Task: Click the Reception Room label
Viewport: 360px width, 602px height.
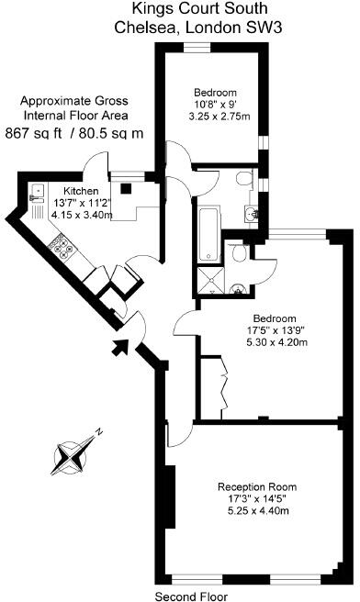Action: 256,486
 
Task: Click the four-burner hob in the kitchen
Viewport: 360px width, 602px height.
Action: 62,244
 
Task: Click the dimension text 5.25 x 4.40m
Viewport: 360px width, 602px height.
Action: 256,512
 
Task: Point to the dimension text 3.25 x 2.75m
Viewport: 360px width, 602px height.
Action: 215,117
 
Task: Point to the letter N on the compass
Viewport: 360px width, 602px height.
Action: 103,431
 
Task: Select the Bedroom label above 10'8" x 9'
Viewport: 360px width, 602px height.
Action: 215,92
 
